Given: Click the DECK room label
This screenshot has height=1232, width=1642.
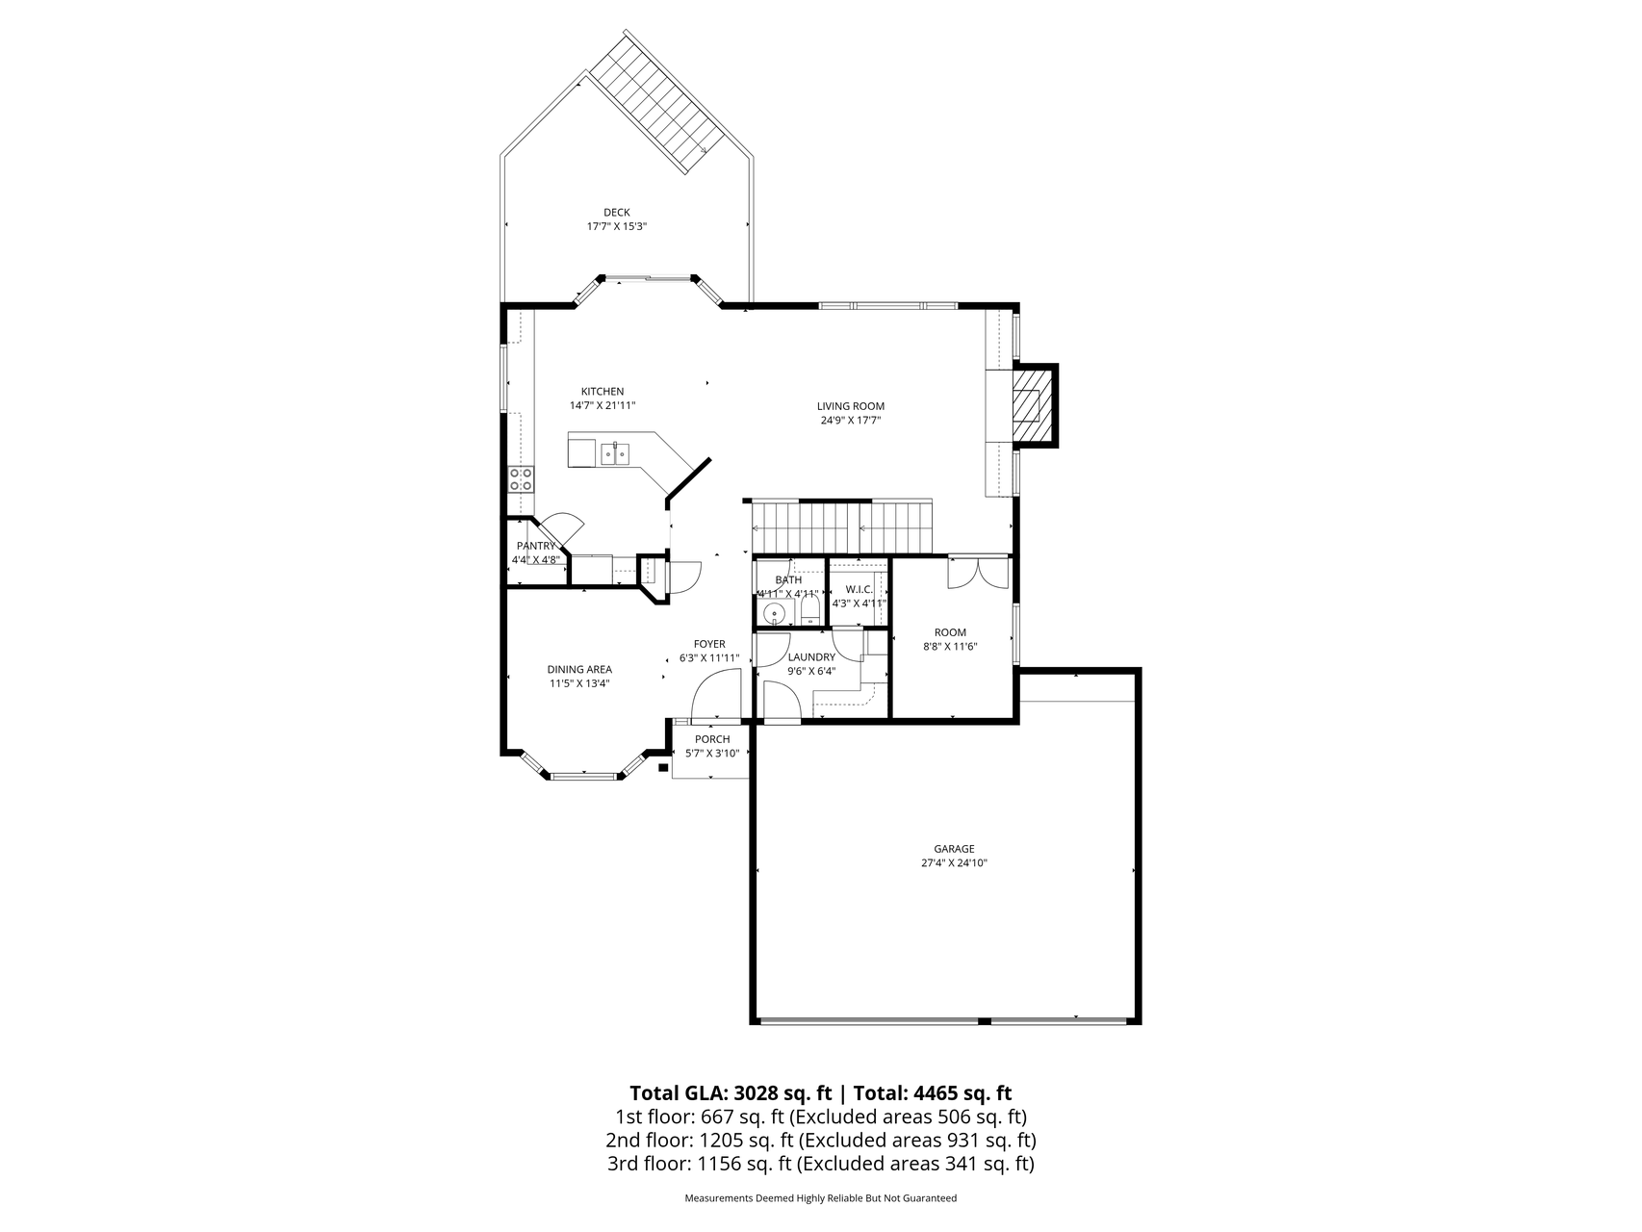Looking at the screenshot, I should [616, 213].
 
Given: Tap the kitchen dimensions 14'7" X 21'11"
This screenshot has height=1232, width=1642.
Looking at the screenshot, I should [603, 406].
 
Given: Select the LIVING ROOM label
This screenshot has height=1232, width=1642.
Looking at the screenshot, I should [851, 406].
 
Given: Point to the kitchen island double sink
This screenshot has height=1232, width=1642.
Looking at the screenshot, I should [614, 452].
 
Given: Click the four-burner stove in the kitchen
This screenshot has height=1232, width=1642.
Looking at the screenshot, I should [521, 478].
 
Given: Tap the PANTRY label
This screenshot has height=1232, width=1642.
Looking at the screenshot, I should [535, 546].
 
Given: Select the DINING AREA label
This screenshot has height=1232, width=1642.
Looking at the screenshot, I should [579, 670].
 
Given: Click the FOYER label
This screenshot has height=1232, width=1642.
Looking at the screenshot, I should [709, 644].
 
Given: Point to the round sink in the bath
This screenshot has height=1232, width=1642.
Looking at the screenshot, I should [774, 613].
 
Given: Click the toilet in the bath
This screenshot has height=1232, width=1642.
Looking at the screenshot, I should [808, 611].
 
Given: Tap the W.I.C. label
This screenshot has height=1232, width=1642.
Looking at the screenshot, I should [859, 589].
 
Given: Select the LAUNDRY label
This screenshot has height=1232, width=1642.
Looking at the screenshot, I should [811, 657].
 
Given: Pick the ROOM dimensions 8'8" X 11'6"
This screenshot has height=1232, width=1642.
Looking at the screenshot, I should [950, 647].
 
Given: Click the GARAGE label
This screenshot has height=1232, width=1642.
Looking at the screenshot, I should [954, 849].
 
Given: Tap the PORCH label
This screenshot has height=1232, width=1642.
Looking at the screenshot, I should [712, 739].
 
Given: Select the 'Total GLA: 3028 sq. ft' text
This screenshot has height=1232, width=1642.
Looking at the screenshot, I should [730, 1093].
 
